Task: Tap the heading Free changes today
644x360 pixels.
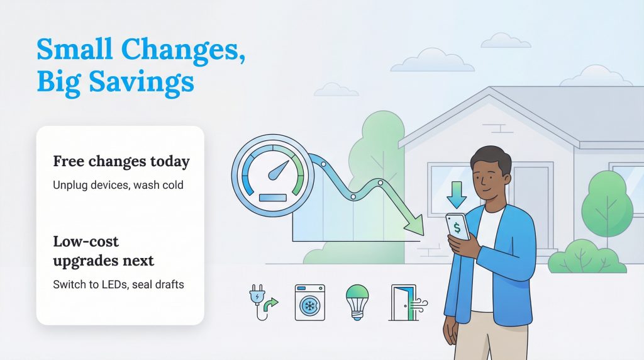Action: pos(121,162)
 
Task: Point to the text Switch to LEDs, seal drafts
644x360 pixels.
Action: pos(118,284)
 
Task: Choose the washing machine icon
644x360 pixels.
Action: pos(309,302)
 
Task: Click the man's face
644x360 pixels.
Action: pos(489,176)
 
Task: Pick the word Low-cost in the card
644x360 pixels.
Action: pos(86,241)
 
